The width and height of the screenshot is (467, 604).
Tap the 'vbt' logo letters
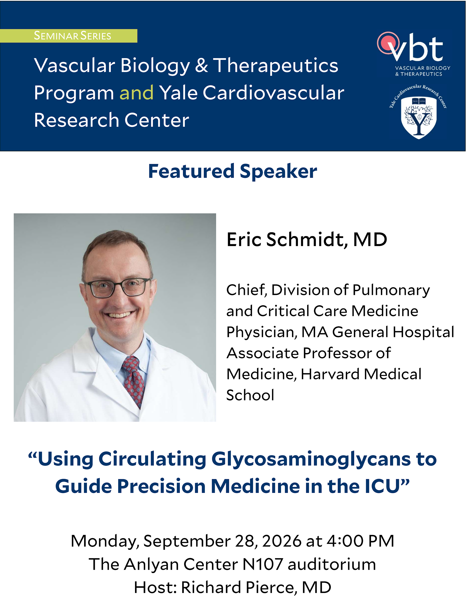(x=417, y=48)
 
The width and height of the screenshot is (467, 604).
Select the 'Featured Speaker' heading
(x=233, y=172)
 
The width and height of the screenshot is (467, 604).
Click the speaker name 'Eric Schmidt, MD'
(x=307, y=240)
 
